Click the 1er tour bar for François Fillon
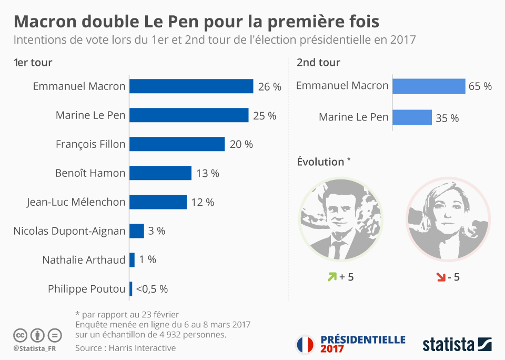pos(177,144)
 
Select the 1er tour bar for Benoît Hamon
pos(160,173)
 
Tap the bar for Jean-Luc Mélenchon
pos(158,202)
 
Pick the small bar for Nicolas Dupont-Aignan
pos(137,231)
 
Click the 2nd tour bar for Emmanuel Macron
pos(429,86)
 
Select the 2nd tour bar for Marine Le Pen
pos(412,117)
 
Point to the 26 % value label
pos(269,87)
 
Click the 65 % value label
pos(480,86)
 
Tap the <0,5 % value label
pos(152,289)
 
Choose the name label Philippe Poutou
pos(87,289)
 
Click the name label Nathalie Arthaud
pos(84,260)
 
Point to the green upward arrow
pos(332,276)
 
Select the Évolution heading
pos(321,162)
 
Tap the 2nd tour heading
pos(318,63)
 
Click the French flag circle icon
pos(305,345)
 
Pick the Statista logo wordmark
pos(449,345)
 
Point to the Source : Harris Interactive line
pos(126,348)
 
